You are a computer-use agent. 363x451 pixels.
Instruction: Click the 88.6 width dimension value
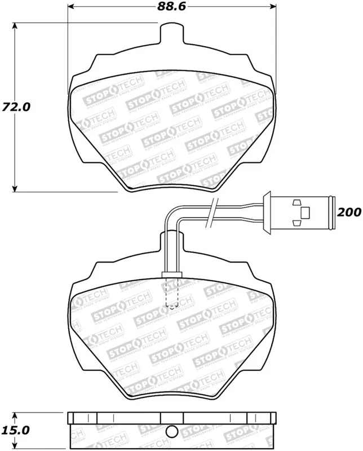point(172,7)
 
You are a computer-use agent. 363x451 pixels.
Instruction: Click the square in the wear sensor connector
point(305,213)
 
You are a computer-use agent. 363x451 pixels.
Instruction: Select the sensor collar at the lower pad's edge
point(171,275)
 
